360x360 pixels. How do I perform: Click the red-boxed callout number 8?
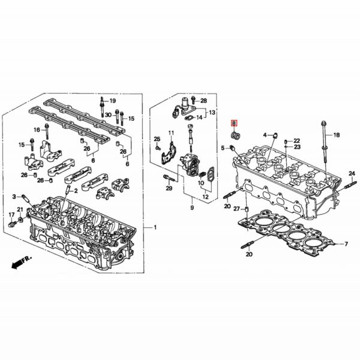pyautogui.click(x=233, y=124)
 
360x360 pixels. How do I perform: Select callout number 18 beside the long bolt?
pyautogui.click(x=336, y=136)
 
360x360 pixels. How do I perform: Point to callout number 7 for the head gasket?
pyautogui.click(x=346, y=244)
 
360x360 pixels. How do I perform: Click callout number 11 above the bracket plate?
pyautogui.click(x=171, y=133)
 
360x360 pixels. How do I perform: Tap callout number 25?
pyautogui.click(x=157, y=139)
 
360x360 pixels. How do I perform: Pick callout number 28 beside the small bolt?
pyautogui.click(x=203, y=100)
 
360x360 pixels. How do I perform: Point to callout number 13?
pyautogui.click(x=211, y=113)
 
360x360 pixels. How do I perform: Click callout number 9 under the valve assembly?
pyautogui.click(x=193, y=208)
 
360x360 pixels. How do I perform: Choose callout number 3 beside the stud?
pyautogui.click(x=14, y=196)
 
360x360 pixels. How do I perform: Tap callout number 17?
pyautogui.click(x=11, y=214)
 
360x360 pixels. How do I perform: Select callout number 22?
pyautogui.click(x=296, y=140)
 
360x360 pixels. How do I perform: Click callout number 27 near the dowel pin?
pyautogui.click(x=236, y=208)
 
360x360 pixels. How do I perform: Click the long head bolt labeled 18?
pyautogui.click(x=324, y=144)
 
